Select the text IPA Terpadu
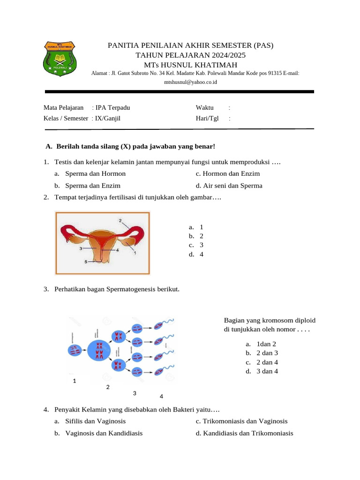click(112, 108)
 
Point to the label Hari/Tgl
click(207, 119)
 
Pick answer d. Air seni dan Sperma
click(229, 186)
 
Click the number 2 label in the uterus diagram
click(120, 220)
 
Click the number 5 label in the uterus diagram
click(86, 262)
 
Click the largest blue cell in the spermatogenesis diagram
click(99, 350)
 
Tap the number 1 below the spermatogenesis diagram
click(75, 381)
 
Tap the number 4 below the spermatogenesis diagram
click(161, 397)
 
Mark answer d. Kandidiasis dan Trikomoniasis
click(245, 433)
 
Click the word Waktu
click(205, 108)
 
